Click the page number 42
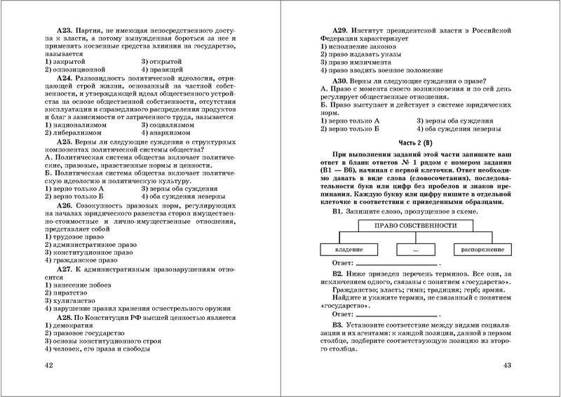pos(48,365)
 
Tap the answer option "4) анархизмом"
pos(170,132)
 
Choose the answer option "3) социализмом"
pos(173,124)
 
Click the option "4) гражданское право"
pos(82,280)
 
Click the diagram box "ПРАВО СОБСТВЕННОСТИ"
pos(417,225)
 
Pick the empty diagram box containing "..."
pos(417,249)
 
